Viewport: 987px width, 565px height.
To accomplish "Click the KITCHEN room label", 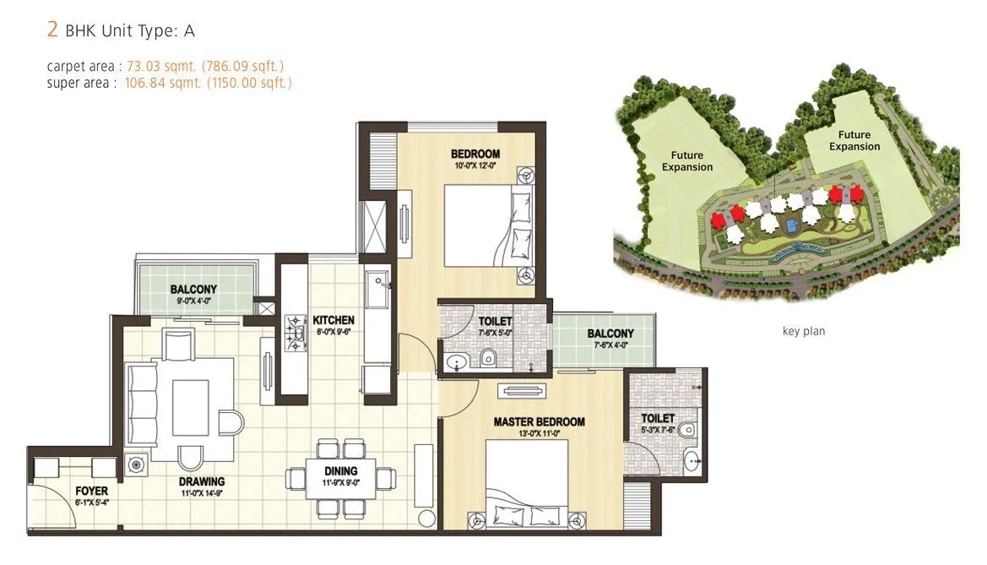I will (x=334, y=320).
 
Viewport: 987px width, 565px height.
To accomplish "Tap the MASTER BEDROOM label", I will (x=539, y=421).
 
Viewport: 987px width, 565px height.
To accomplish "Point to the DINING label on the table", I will (x=339, y=470).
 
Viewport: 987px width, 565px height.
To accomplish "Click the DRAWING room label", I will (x=201, y=482).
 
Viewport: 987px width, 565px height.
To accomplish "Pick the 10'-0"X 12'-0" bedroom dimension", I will (x=475, y=166).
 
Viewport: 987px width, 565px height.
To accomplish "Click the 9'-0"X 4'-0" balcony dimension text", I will (x=193, y=299).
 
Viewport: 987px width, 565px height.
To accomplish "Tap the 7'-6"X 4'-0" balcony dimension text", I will (x=610, y=345).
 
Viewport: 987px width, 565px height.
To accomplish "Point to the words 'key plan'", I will (x=803, y=331).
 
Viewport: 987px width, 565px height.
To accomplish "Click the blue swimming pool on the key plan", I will (x=791, y=226).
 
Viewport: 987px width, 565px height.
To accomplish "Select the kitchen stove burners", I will (x=295, y=332).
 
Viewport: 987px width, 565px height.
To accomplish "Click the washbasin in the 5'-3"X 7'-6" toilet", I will (x=691, y=461).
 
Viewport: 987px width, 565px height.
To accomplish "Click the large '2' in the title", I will (x=52, y=31).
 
